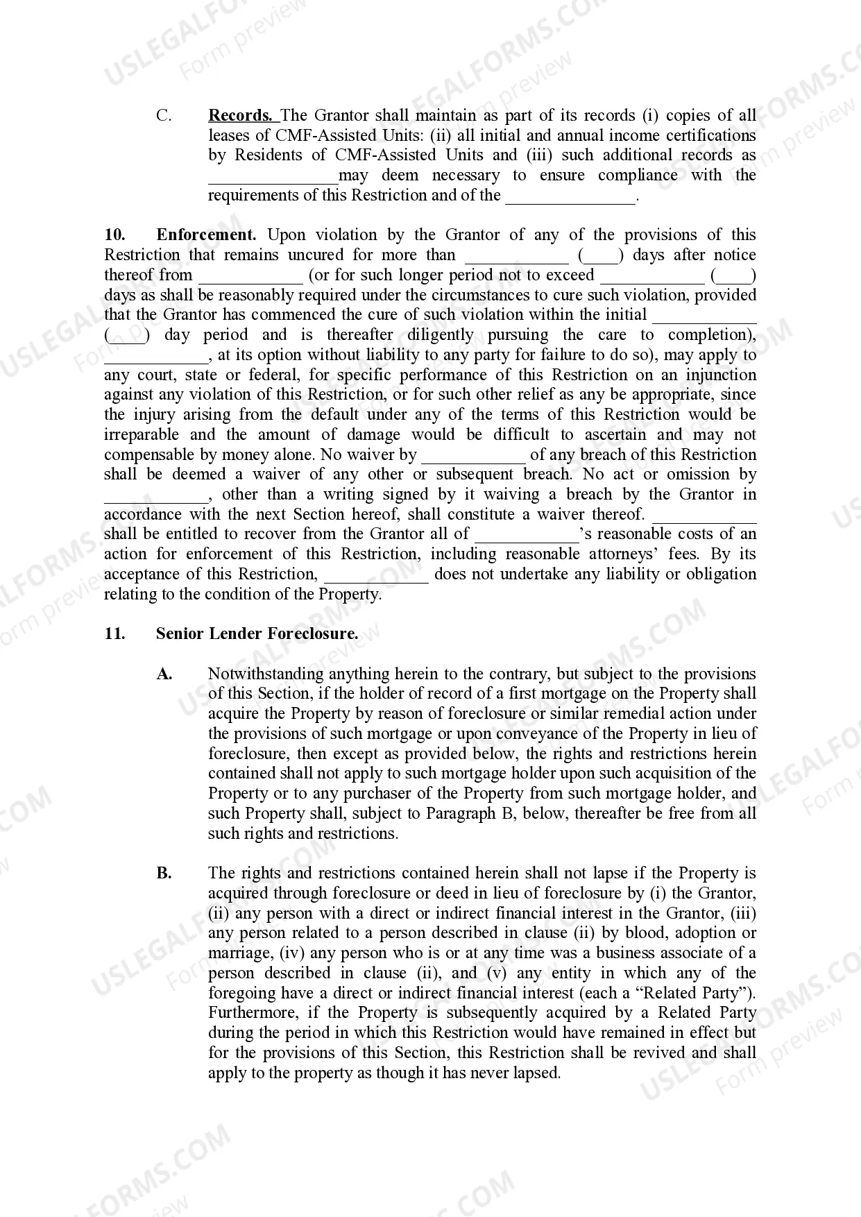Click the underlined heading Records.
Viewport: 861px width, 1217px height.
(240, 115)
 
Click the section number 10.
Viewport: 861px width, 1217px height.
(114, 235)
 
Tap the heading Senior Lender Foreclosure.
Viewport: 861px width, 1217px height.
(257, 633)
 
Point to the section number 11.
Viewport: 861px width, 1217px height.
(114, 633)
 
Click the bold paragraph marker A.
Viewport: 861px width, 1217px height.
(164, 674)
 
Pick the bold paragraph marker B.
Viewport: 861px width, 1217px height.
(164, 873)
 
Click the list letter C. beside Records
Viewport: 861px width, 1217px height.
(164, 115)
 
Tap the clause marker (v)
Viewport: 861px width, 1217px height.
(496, 973)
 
